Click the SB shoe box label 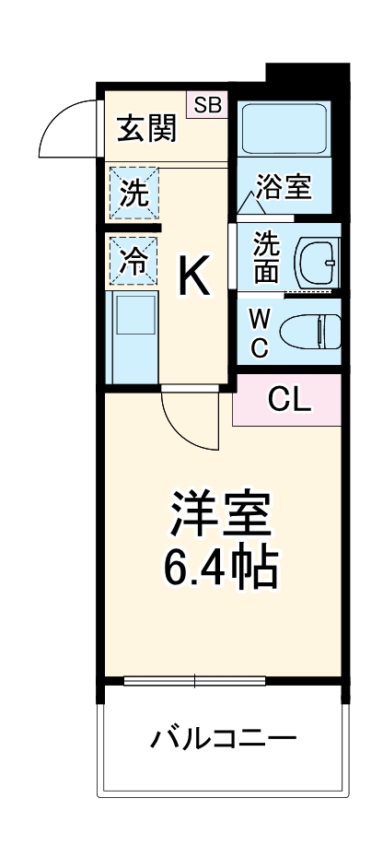tap(207, 104)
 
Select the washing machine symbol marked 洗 tap(134, 194)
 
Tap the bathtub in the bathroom tap(284, 129)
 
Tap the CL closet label tap(289, 399)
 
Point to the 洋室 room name tap(222, 515)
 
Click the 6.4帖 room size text tap(222, 570)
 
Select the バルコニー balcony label tap(224, 738)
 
